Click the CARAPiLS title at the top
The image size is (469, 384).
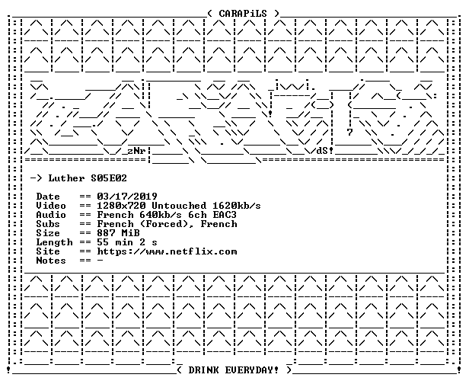pos(243,14)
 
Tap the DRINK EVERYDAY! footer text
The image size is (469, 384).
pos(233,370)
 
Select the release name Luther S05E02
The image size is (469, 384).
pos(88,178)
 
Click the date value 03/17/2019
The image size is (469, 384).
pos(127,197)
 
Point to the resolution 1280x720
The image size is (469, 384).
pos(121,206)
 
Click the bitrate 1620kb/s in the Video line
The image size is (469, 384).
pos(237,206)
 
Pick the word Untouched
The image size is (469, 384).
pos(179,206)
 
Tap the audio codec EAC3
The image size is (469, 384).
pos(225,215)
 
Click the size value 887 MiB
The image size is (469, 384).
pos(118,233)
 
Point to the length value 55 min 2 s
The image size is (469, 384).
pos(127,242)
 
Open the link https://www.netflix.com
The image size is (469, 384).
pos(167,251)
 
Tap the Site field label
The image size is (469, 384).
pos(48,251)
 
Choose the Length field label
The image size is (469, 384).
pos(55,242)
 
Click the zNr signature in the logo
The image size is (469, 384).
pos(136,151)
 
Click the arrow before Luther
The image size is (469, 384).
pos(37,178)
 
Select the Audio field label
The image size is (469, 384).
pos(51,215)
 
